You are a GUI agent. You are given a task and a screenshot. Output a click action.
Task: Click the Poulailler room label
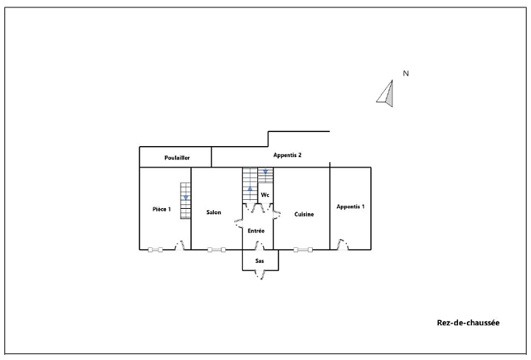(x=177, y=158)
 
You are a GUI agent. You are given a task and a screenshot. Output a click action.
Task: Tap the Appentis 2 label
(x=287, y=155)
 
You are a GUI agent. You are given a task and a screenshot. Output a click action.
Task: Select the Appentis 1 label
(x=350, y=207)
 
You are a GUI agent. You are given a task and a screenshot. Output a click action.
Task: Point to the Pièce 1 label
(x=162, y=210)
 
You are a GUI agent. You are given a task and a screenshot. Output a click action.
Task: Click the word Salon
(x=214, y=212)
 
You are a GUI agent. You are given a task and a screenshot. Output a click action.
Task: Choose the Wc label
(x=265, y=195)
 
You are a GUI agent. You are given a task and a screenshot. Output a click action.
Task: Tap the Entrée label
(x=256, y=231)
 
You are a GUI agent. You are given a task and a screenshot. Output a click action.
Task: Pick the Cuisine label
(x=304, y=215)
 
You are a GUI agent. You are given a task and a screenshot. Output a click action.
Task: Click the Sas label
(x=260, y=260)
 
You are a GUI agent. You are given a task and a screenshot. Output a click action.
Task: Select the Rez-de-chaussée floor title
(x=468, y=323)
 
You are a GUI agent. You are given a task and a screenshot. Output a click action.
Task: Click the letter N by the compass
(x=406, y=73)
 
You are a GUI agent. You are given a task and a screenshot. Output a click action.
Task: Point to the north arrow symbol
(x=386, y=93)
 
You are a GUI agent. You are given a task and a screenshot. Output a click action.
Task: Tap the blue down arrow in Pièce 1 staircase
(x=186, y=198)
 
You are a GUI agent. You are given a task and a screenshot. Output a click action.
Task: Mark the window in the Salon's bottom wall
(x=217, y=250)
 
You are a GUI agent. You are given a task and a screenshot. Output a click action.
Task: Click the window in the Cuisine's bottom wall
(x=303, y=250)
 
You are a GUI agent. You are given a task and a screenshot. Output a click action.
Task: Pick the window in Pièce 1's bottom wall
(x=156, y=250)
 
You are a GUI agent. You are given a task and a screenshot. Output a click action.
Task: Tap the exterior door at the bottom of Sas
(x=260, y=274)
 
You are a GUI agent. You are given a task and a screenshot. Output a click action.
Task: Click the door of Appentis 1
(x=342, y=244)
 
